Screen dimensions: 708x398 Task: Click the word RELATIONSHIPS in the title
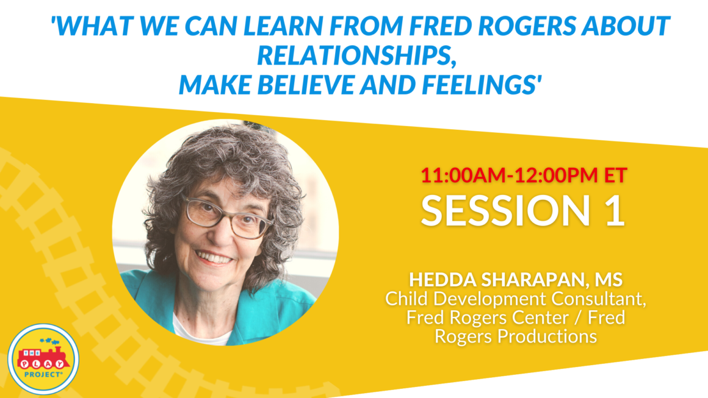click(354, 55)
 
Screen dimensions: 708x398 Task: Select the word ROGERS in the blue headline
click(527, 26)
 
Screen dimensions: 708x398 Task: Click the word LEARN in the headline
click(283, 26)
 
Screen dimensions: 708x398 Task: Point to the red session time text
click(524, 175)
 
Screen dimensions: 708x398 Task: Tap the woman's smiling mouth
click(214, 258)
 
